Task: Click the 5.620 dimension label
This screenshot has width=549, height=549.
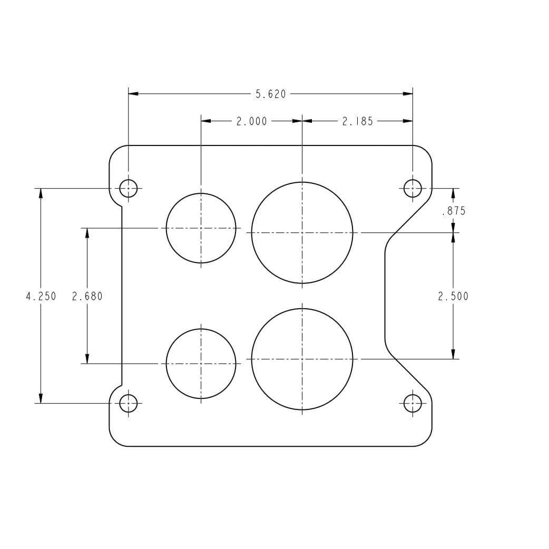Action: click(x=271, y=94)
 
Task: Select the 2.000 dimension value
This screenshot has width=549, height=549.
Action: click(x=251, y=121)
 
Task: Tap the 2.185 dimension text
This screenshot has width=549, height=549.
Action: click(x=357, y=121)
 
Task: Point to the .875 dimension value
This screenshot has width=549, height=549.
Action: click(x=453, y=211)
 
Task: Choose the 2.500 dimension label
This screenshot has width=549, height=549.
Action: click(x=453, y=297)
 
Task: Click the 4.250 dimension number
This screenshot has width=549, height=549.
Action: click(x=41, y=297)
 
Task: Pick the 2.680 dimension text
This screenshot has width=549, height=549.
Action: click(x=87, y=297)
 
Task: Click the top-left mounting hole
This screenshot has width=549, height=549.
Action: click(x=129, y=188)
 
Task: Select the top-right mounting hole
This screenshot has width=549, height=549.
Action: click(x=413, y=188)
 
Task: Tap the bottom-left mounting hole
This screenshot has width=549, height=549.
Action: click(x=129, y=404)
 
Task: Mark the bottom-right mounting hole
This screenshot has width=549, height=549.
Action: click(x=413, y=404)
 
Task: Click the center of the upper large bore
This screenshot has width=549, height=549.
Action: click(x=302, y=232)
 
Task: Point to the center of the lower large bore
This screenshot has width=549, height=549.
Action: click(x=302, y=359)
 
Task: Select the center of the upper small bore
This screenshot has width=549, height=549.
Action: click(x=201, y=228)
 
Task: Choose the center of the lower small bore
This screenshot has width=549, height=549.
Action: click(x=201, y=364)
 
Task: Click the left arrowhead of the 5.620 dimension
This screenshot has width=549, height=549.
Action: click(x=133, y=94)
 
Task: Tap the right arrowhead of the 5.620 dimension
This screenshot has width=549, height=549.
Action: click(x=408, y=94)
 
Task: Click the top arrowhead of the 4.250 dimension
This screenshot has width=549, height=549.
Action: click(x=41, y=193)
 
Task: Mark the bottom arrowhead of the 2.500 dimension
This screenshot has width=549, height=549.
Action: click(x=453, y=354)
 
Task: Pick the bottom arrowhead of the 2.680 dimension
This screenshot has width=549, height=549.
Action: click(x=87, y=359)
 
